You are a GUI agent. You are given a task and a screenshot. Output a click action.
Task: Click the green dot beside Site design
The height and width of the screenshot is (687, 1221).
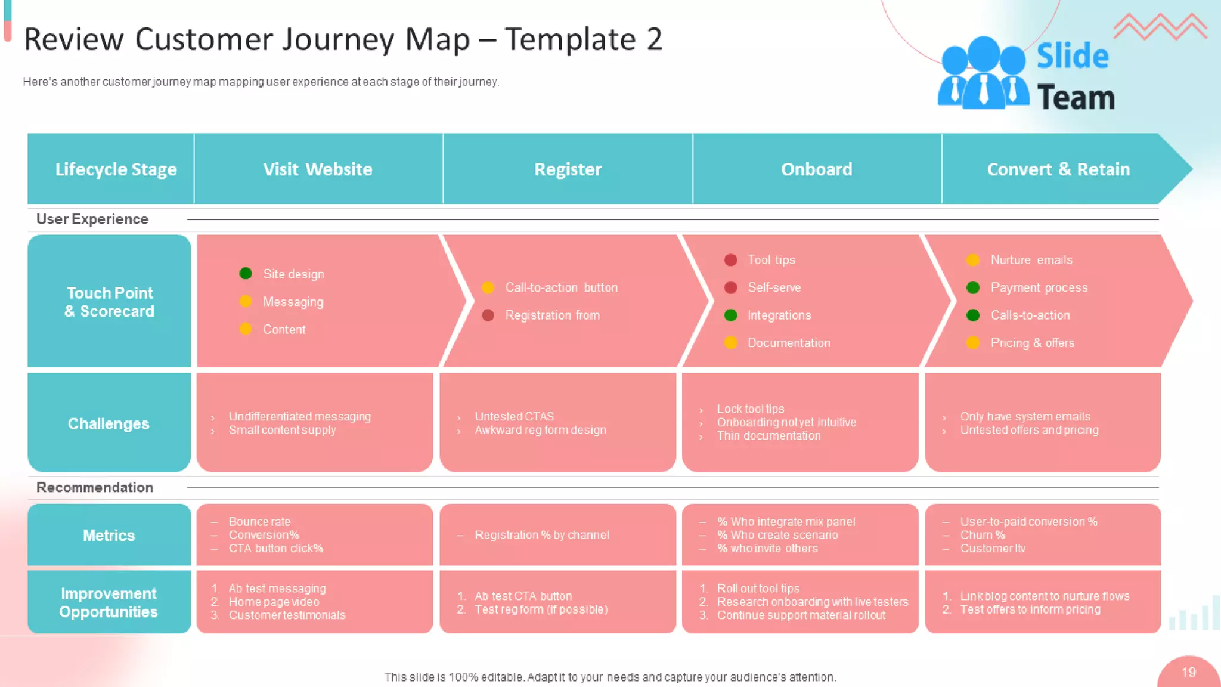pyautogui.click(x=246, y=273)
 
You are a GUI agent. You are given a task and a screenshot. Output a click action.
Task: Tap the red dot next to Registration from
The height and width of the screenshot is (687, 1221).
pyautogui.click(x=488, y=315)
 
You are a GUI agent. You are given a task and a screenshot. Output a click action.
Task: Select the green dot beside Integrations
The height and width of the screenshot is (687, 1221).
pyautogui.click(x=730, y=315)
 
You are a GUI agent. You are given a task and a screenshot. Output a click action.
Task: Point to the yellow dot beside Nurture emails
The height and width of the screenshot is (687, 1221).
pyautogui.click(x=973, y=259)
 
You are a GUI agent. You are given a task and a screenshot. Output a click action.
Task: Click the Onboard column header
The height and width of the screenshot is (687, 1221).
pyautogui.click(x=816, y=169)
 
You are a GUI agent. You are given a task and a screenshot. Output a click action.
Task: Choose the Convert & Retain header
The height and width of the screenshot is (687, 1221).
pyautogui.click(x=1058, y=169)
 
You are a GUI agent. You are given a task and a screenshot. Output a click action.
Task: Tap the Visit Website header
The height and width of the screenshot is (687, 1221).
pyautogui.click(x=318, y=169)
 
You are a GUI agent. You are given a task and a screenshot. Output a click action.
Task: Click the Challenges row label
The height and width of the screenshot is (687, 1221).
pyautogui.click(x=109, y=423)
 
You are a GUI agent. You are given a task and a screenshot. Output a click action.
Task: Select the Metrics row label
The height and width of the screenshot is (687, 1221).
pyautogui.click(x=109, y=535)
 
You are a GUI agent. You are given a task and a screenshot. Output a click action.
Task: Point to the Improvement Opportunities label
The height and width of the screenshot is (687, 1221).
pyautogui.click(x=109, y=602)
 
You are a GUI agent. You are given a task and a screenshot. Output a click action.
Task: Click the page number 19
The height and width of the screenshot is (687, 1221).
pyautogui.click(x=1188, y=673)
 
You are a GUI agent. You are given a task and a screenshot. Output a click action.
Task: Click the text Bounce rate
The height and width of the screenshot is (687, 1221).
pyautogui.click(x=259, y=521)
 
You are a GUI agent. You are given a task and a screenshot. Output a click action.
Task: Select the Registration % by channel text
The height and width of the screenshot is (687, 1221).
pyautogui.click(x=541, y=535)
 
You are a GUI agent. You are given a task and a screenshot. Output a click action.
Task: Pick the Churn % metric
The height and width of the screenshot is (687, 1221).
pyautogui.click(x=982, y=535)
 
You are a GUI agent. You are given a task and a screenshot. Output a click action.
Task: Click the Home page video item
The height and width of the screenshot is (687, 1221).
pyautogui.click(x=274, y=602)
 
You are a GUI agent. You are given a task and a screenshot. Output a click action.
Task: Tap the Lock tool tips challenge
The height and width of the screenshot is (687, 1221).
pyautogui.click(x=750, y=409)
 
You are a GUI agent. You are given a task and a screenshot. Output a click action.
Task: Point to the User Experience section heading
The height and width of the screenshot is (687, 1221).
pyautogui.click(x=92, y=219)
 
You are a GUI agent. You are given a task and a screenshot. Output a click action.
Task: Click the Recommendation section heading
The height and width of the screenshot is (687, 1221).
pyautogui.click(x=95, y=487)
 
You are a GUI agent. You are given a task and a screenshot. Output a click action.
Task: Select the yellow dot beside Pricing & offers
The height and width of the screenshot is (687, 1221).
pyautogui.click(x=973, y=342)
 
